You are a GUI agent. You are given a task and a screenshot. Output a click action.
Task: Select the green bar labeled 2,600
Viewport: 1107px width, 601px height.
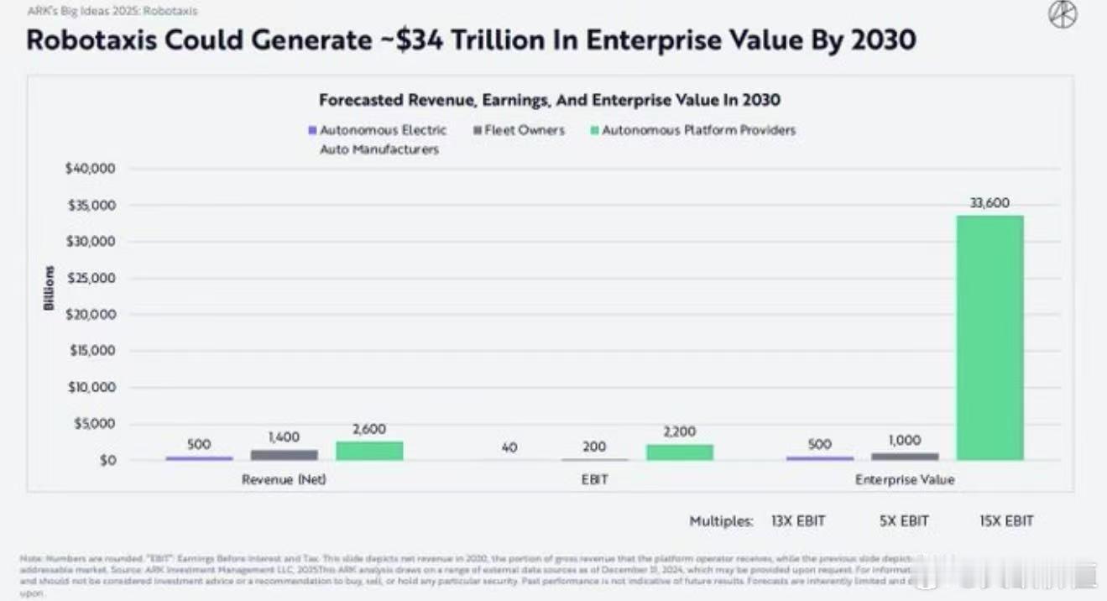[369, 451]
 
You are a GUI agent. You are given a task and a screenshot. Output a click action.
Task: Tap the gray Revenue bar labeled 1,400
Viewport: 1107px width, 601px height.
[284, 455]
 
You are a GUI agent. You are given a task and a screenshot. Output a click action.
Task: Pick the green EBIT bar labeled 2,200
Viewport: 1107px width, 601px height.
[679, 452]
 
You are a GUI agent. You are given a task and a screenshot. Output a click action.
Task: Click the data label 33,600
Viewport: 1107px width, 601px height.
[990, 202]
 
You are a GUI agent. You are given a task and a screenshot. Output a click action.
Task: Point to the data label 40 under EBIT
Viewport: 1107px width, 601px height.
[509, 447]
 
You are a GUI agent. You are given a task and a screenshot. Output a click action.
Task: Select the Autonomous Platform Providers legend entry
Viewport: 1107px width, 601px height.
[697, 130]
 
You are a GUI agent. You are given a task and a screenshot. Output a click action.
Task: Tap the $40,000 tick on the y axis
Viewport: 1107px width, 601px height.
[90, 169]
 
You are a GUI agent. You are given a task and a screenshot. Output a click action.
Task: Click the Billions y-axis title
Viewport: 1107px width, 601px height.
[50, 288]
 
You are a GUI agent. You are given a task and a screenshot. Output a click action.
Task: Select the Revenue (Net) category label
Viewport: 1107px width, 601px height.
[284, 479]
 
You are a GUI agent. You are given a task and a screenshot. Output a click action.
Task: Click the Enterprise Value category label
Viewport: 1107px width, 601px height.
[905, 479]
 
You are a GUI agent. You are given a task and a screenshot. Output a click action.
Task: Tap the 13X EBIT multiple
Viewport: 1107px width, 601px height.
[798, 520]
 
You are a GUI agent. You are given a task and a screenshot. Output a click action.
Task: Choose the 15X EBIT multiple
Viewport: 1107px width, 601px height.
[1006, 520]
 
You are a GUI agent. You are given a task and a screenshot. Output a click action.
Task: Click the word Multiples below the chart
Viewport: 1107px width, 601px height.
[721, 521]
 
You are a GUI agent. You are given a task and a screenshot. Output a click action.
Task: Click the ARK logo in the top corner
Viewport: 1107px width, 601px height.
[1063, 16]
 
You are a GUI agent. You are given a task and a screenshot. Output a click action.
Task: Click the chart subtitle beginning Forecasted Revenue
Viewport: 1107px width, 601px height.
[549, 100]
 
